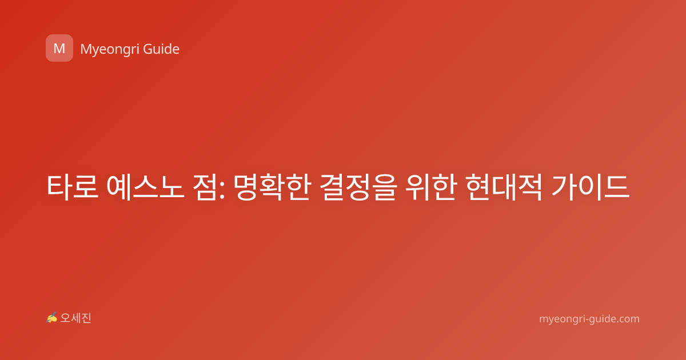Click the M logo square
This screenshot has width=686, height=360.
(x=59, y=48)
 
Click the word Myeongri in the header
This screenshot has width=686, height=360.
(x=109, y=49)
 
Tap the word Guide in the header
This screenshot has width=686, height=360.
(x=161, y=49)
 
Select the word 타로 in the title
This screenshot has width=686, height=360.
(x=73, y=187)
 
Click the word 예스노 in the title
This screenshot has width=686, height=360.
(x=145, y=187)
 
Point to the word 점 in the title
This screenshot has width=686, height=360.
(x=205, y=187)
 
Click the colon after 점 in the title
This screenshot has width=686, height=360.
(x=222, y=190)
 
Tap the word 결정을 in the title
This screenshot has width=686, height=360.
(x=358, y=187)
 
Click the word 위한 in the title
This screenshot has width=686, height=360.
(x=431, y=187)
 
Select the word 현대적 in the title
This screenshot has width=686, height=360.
(x=504, y=187)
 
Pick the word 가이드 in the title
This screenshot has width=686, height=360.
(x=591, y=187)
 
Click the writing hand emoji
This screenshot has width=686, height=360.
(x=52, y=318)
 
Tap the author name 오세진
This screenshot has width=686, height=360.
(x=75, y=318)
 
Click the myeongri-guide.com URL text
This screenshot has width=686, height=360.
(x=589, y=319)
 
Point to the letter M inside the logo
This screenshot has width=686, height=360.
(x=59, y=49)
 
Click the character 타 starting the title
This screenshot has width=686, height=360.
(x=59, y=187)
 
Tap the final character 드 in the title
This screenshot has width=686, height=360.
(x=617, y=187)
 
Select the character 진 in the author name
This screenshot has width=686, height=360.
(x=86, y=318)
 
